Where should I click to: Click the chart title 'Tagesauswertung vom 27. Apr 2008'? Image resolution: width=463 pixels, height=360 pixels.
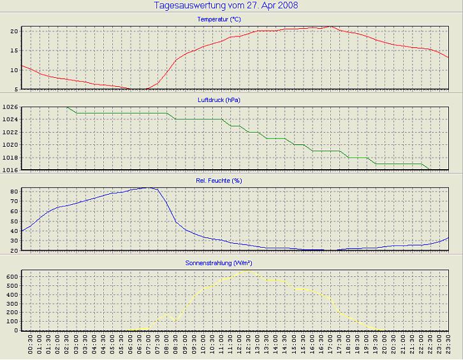coord(226,6)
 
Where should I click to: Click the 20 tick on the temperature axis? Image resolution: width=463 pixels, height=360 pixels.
coord(13,31)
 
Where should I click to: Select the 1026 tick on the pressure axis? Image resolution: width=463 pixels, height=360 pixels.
coord(10,107)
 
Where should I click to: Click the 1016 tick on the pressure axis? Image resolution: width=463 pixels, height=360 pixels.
coord(10,170)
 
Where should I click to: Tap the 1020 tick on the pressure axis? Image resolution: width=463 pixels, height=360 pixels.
coord(10,145)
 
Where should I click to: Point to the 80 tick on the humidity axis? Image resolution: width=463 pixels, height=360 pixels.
coord(13,191)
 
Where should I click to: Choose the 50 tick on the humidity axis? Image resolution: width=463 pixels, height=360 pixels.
coord(13,221)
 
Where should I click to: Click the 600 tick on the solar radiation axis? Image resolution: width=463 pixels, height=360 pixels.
coord(11,277)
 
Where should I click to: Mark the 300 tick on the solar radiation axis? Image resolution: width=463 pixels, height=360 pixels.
coord(11,304)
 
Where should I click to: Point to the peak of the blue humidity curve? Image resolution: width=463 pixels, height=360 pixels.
coord(149,188)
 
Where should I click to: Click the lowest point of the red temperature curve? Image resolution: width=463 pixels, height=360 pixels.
coord(139,89)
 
